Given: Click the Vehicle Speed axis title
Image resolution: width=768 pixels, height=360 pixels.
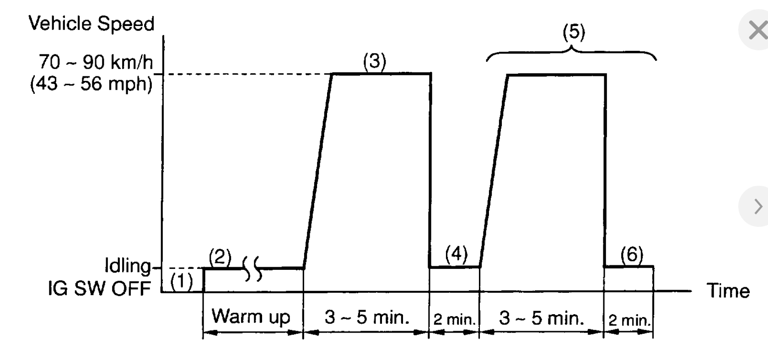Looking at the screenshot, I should (x=91, y=24).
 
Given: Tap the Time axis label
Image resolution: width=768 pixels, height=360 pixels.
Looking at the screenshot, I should (x=728, y=291).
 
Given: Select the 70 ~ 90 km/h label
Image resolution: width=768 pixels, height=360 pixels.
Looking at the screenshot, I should (x=96, y=62).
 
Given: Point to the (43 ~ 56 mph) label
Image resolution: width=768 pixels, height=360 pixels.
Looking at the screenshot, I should (x=91, y=84).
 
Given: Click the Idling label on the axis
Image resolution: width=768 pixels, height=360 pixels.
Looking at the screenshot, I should (x=128, y=266).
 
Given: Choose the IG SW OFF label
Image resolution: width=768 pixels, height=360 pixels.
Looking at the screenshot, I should (x=99, y=289).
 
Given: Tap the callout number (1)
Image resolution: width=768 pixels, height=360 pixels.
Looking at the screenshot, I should (x=182, y=281).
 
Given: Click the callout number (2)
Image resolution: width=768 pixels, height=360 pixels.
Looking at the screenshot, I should (x=220, y=258).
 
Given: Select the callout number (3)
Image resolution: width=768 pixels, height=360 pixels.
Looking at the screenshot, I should (x=375, y=61).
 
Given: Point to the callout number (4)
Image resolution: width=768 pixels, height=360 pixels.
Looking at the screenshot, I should (x=456, y=254).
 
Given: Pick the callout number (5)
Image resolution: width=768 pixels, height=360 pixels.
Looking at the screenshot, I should (x=574, y=32).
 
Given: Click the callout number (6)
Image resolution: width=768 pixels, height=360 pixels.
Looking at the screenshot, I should (x=632, y=254).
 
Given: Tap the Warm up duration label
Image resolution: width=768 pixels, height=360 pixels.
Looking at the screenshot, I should (x=251, y=316).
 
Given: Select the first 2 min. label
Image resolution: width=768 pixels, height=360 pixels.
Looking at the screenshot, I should (x=455, y=319).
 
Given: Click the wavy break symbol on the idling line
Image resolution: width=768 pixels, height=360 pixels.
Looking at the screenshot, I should (x=252, y=268).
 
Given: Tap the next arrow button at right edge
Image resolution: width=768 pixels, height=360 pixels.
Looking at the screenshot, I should (x=757, y=206).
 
